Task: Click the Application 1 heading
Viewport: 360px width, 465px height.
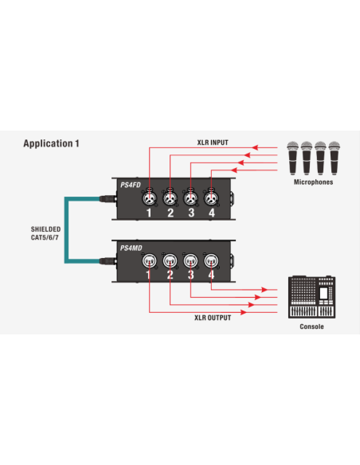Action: [51, 143]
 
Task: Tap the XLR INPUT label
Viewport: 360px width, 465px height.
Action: [213, 143]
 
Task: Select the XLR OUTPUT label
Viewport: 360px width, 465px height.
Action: [213, 318]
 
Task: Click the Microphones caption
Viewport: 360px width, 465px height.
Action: [313, 182]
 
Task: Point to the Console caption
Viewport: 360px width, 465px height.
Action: [311, 326]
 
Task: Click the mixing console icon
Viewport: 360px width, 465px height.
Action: [311, 297]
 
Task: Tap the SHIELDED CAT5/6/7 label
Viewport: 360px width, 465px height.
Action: [45, 233]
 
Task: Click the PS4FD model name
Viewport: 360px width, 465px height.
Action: [131, 185]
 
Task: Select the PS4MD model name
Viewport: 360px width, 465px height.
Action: [131, 248]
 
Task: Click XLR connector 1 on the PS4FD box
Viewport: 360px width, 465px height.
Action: [149, 197]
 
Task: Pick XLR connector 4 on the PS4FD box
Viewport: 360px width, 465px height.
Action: [211, 197]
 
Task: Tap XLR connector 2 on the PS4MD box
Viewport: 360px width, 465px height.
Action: [170, 261]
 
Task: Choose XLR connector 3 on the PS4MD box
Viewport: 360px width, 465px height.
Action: [190, 261]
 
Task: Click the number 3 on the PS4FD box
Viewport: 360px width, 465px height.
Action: [191, 213]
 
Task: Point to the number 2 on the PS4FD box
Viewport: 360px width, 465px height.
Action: [170, 213]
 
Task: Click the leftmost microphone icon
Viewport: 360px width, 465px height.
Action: [292, 158]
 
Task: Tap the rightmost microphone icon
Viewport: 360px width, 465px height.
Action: [335, 158]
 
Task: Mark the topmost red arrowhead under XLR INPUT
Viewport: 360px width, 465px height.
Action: [255, 147]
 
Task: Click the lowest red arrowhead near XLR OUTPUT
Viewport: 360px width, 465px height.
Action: [244, 312]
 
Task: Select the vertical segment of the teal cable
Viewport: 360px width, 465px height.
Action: [66, 230]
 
